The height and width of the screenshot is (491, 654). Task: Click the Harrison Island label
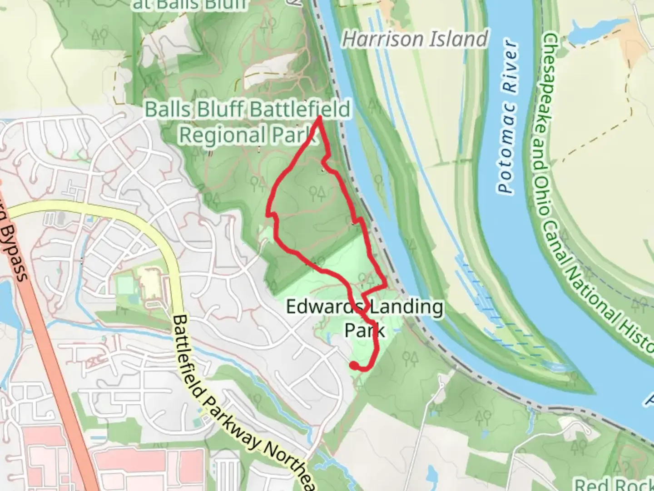(415, 39)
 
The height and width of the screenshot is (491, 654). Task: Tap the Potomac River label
(507, 117)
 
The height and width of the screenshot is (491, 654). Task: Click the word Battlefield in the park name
(300, 110)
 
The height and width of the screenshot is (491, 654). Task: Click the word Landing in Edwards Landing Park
(405, 307)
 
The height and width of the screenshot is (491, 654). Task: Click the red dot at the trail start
(353, 365)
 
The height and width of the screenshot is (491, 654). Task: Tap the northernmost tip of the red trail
(320, 118)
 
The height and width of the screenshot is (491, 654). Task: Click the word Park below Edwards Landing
(365, 331)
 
